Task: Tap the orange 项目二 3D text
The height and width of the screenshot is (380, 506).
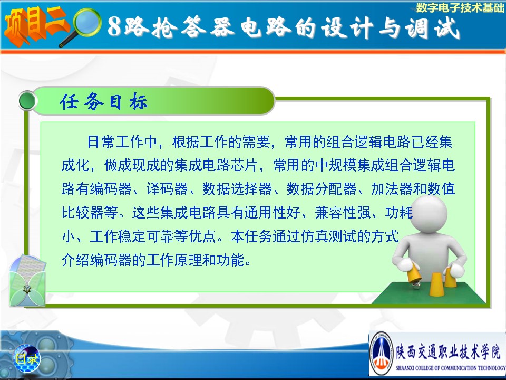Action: coord(35,26)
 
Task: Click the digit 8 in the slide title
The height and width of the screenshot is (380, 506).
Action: coord(114,26)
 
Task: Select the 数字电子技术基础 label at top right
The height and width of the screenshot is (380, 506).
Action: coord(460,7)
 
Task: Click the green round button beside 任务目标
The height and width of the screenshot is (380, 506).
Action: coord(27,101)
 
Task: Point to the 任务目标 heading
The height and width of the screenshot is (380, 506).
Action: coord(104,101)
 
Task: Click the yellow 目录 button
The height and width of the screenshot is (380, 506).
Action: coord(26,358)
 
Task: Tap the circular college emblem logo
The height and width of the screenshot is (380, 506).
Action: coord(382,353)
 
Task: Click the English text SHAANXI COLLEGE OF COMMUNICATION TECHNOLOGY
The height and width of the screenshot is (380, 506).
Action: coord(451,368)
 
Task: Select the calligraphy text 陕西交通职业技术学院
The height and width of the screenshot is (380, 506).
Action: coord(449,351)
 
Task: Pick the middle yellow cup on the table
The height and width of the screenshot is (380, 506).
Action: coord(436,284)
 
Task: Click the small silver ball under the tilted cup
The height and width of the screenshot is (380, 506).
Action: coord(416,284)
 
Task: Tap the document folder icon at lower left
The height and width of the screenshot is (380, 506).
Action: coord(27,280)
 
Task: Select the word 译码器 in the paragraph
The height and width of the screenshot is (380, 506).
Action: coord(167,189)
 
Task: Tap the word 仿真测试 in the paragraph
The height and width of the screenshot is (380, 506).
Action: coord(328,236)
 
